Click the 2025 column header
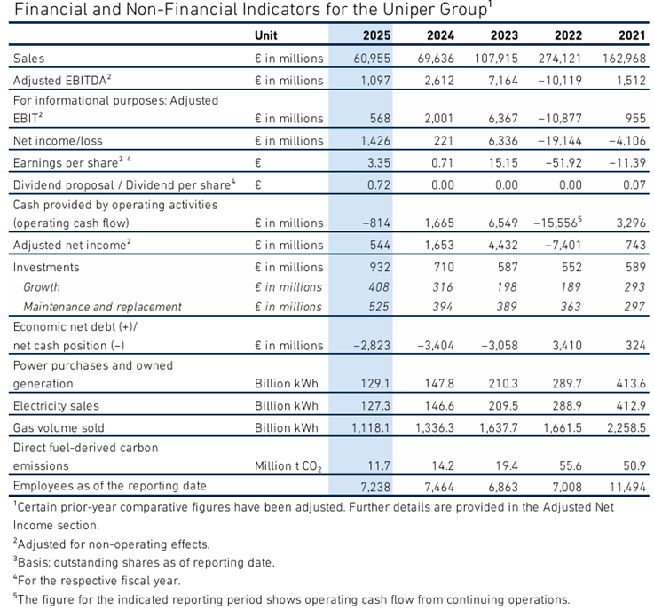click(376, 35)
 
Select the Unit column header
click(265, 35)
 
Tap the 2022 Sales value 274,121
click(560, 59)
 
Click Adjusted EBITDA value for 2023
click(503, 81)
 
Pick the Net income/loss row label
click(58, 141)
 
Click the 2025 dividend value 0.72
click(379, 185)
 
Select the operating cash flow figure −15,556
click(557, 223)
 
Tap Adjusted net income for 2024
click(439, 245)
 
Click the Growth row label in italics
click(42, 287)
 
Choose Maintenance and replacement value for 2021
click(634, 307)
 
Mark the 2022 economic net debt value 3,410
click(567, 346)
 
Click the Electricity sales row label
click(56, 406)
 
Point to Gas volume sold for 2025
click(371, 428)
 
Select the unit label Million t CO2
click(288, 466)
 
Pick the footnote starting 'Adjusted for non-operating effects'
click(111, 544)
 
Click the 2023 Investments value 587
click(508, 267)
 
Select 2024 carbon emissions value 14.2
click(443, 465)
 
